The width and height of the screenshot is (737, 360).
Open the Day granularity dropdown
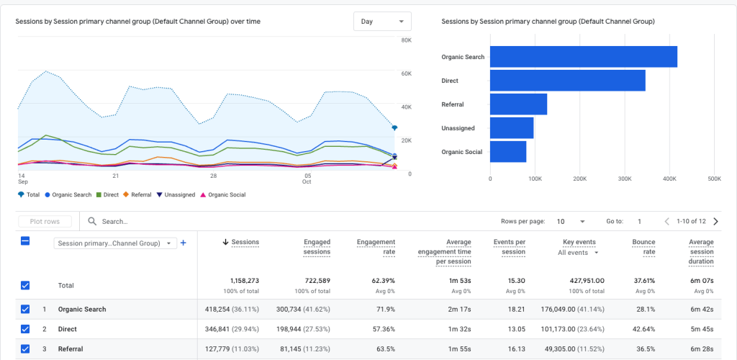pos(382,22)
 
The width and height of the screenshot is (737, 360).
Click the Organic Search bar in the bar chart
pos(583,57)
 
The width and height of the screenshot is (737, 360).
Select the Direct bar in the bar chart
pos(567,81)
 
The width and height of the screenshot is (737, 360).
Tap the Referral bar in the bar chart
pos(518,104)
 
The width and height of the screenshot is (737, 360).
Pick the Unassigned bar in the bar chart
pos(512,128)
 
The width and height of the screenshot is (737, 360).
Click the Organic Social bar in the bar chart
pos(508,152)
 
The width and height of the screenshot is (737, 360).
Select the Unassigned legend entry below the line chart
pos(176,194)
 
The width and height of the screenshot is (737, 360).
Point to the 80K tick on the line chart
pos(406,40)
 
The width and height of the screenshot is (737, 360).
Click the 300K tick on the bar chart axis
pos(625,179)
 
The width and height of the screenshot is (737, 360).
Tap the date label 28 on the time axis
pos(214,176)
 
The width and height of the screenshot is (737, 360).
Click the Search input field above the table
pos(216,222)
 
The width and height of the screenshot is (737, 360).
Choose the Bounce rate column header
pos(643,247)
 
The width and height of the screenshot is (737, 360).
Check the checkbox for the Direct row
pos(25,329)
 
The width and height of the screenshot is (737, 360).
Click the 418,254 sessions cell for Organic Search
pos(226,309)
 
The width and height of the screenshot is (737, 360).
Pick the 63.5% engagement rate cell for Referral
pos(385,349)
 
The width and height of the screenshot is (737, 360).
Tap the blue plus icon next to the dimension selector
pos(183,243)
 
